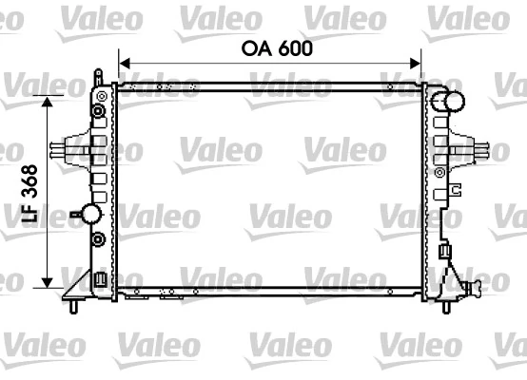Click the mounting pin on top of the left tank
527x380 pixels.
(x=100, y=74)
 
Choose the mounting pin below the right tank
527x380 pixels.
(x=446, y=306)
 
